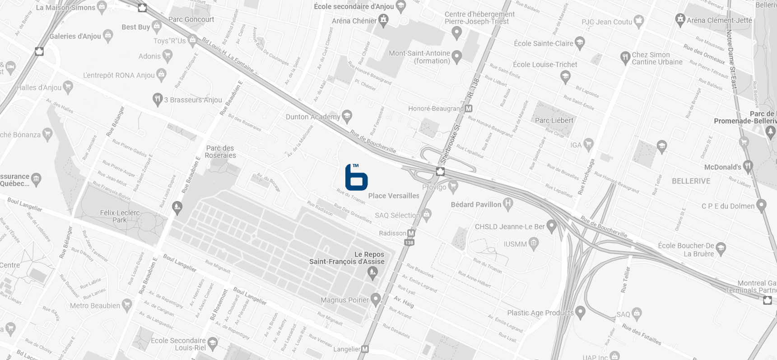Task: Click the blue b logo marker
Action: [x=356, y=178]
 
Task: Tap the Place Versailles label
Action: [x=394, y=196]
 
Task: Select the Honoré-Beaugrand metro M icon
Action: [x=469, y=109]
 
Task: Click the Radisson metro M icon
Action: [x=411, y=233]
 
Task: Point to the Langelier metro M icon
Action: [x=365, y=349]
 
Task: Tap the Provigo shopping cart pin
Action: [x=453, y=186]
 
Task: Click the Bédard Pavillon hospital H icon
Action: [x=508, y=204]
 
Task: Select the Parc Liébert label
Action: [x=554, y=121]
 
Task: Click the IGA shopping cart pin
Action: [x=588, y=144]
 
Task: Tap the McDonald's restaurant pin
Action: [x=748, y=166]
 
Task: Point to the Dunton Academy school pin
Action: [x=347, y=116]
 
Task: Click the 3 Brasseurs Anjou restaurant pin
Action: [x=157, y=99]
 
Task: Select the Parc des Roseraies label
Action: [x=220, y=152]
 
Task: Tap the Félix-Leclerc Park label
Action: [x=120, y=216]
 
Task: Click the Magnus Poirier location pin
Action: [x=376, y=299]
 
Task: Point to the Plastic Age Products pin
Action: [x=581, y=312]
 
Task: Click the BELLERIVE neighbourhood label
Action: [x=691, y=181]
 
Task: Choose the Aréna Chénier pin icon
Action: [x=383, y=20]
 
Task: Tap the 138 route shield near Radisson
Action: [x=409, y=243]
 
